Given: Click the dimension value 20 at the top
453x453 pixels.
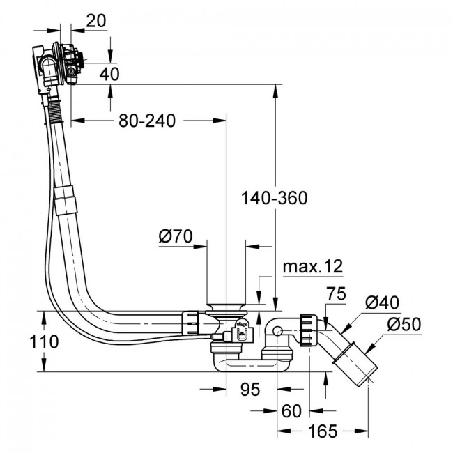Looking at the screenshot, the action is pyautogui.click(x=96, y=21).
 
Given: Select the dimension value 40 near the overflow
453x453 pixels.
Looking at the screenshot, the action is pyautogui.click(x=109, y=74).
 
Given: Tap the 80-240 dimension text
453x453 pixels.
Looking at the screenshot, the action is pyautogui.click(x=147, y=121).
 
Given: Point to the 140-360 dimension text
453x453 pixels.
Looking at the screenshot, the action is pyautogui.click(x=274, y=198).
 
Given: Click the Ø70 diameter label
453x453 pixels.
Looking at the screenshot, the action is pyautogui.click(x=176, y=236).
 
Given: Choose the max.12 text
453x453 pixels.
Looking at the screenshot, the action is pyautogui.click(x=313, y=266).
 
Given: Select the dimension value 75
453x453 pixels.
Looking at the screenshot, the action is pyautogui.click(x=336, y=294).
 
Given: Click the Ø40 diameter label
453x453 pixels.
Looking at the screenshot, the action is pyautogui.click(x=382, y=302).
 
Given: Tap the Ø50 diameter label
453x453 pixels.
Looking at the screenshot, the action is pyautogui.click(x=404, y=324).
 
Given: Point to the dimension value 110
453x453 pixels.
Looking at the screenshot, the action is pyautogui.click(x=44, y=341).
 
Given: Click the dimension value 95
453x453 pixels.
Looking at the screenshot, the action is pyautogui.click(x=250, y=389).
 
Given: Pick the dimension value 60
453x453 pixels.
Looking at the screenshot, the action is pyautogui.click(x=291, y=410).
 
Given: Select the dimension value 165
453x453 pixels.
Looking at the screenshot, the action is pyautogui.click(x=323, y=431).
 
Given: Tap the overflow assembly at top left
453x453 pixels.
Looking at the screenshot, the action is pyautogui.click(x=58, y=65).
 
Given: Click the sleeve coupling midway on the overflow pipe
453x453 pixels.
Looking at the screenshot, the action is pyautogui.click(x=66, y=200).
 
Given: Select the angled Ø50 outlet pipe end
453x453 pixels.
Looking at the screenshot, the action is pyautogui.click(x=356, y=364).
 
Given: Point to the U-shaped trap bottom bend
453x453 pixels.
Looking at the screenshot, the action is pyautogui.click(x=252, y=365).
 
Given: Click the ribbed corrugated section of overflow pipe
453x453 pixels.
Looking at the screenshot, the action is pyautogui.click(x=56, y=111).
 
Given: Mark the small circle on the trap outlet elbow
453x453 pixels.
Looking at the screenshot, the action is pyautogui.click(x=277, y=331).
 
